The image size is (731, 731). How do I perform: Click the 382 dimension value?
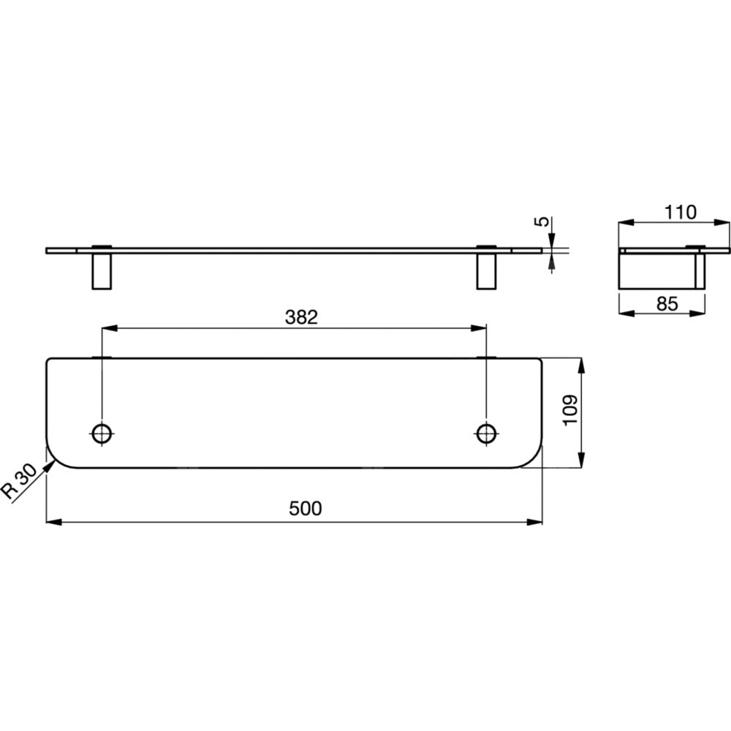coord(301,317)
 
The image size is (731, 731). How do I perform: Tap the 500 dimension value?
coord(306,508)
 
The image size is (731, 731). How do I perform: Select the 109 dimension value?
coord(571,410)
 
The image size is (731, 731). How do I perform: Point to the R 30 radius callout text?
coord(19,482)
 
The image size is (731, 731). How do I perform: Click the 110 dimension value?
coord(680,213)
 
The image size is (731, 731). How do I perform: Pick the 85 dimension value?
coord(667,304)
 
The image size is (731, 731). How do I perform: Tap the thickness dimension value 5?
coord(542,221)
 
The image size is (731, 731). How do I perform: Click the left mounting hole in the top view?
coord(102,433)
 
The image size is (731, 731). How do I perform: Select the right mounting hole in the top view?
coord(486,433)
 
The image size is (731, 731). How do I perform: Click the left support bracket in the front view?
coord(102,271)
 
